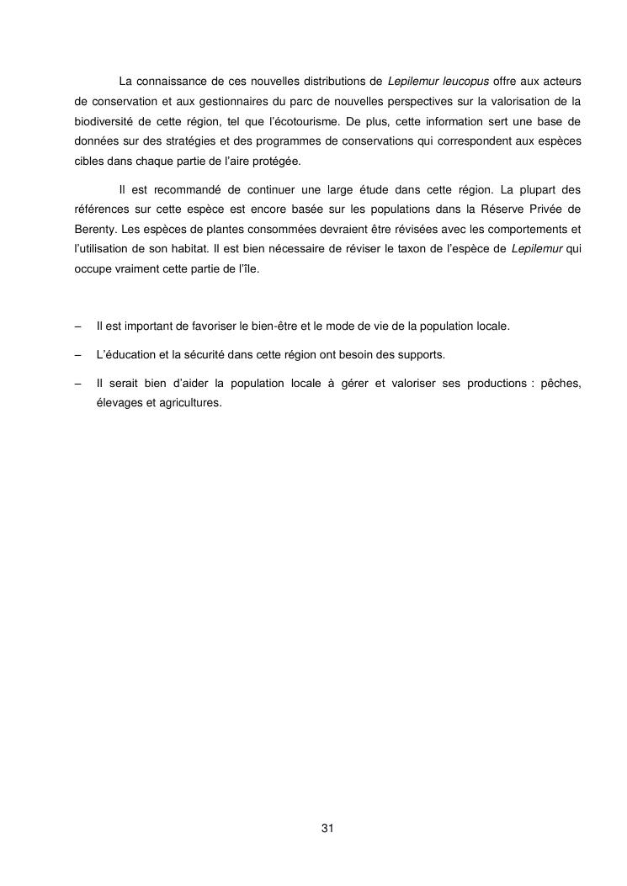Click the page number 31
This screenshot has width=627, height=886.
[x=328, y=829]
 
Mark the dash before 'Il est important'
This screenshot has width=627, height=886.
[x=77, y=325]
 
